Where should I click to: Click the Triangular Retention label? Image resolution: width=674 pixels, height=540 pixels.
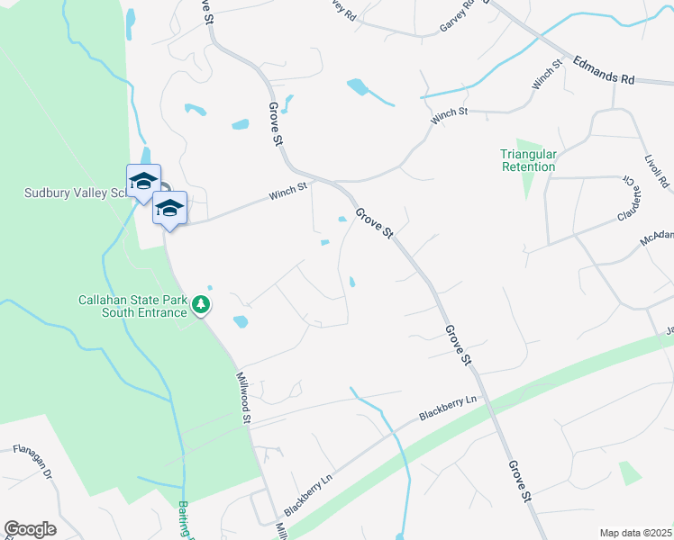click(x=528, y=160)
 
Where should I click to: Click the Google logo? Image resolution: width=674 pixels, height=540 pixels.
click(x=30, y=529)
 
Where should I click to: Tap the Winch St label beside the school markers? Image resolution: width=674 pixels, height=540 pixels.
click(x=289, y=192)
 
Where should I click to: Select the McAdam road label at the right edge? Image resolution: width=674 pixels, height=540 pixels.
click(x=657, y=238)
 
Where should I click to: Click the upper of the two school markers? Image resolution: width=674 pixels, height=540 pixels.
click(x=143, y=180)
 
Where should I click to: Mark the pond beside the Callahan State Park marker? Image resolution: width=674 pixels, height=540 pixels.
click(x=241, y=321)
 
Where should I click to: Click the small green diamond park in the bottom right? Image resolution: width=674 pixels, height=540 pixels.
click(x=630, y=472)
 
